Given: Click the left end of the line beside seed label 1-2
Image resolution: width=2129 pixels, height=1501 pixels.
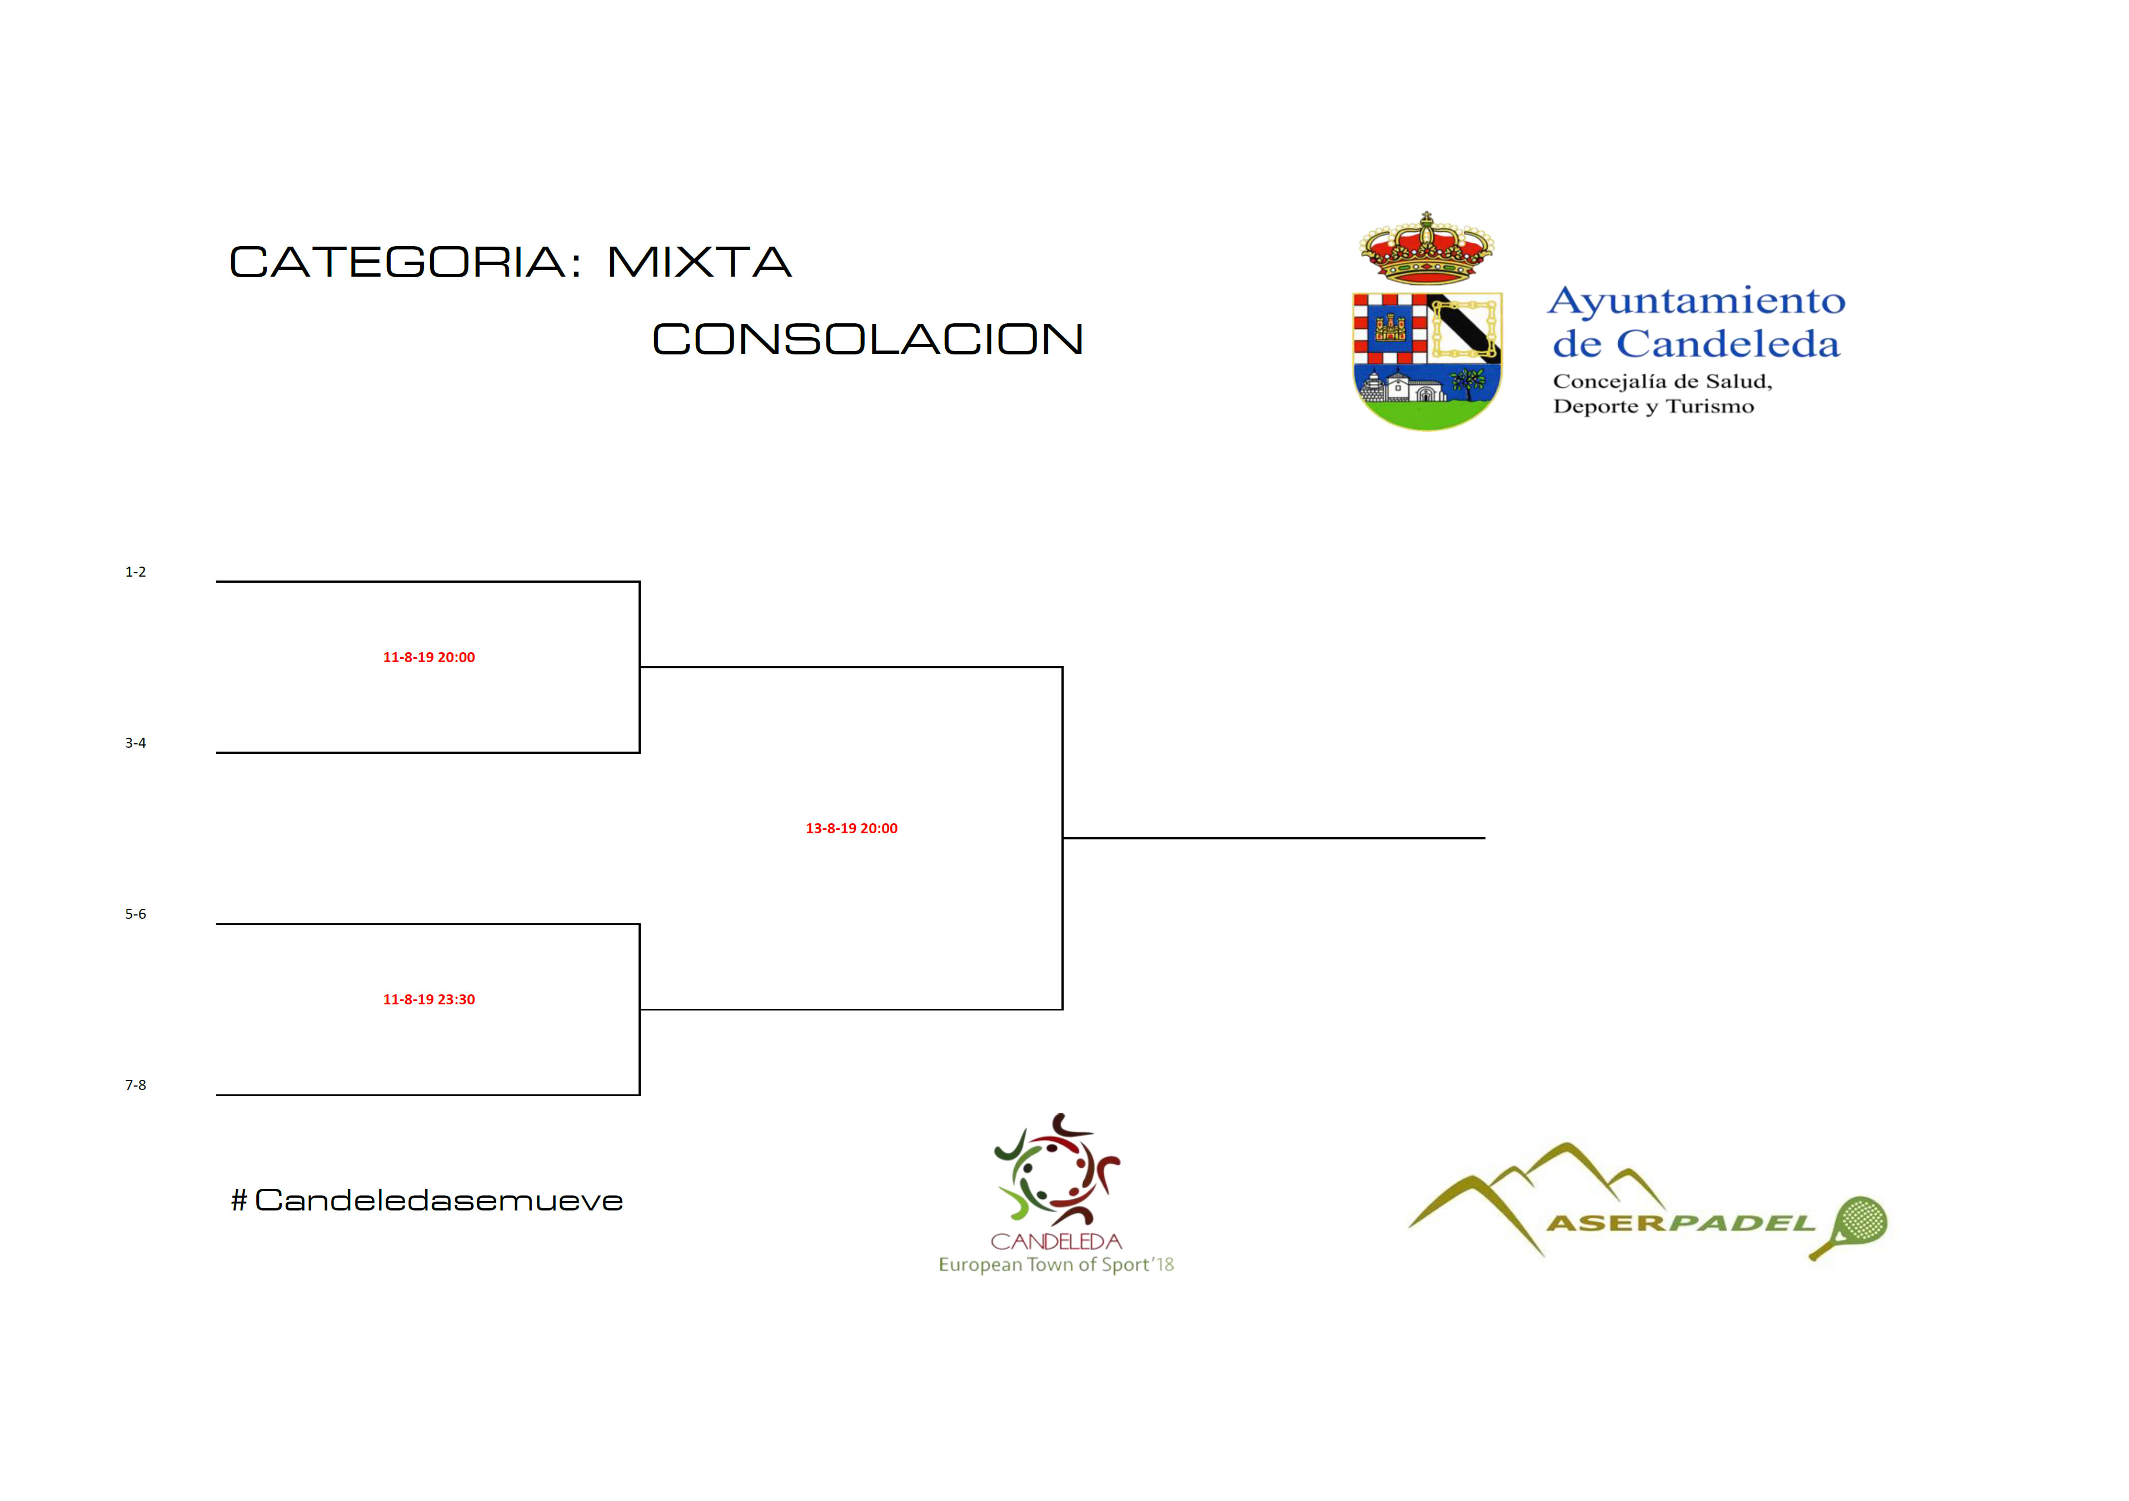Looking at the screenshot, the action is (x=217, y=581).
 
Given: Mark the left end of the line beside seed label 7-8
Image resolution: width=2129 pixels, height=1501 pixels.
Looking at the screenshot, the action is (x=217, y=1095).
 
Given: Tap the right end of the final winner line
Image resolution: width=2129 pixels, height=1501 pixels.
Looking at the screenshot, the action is (x=1484, y=838).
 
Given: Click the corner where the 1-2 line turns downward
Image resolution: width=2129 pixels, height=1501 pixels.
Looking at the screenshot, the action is (x=640, y=581).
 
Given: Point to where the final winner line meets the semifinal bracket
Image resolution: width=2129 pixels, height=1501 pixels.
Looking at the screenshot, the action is (x=1063, y=838).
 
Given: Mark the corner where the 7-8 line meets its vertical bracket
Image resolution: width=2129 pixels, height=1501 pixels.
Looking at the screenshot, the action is (x=640, y=1095).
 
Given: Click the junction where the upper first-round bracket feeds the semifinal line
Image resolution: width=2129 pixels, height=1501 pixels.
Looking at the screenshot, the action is (x=640, y=667).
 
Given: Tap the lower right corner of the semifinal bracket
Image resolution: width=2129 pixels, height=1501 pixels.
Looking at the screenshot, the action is (x=1063, y=1009).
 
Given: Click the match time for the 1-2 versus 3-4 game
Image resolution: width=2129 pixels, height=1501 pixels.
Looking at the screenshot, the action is (x=430, y=657).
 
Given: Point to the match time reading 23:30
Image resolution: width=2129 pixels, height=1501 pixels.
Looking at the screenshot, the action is (x=430, y=999).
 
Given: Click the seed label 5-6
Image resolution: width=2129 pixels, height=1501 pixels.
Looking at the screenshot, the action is (x=136, y=914).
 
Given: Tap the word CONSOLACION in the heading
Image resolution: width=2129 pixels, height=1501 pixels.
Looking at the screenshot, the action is (x=868, y=339).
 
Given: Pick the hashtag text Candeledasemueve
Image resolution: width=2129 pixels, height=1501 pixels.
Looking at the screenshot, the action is (x=427, y=1200).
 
